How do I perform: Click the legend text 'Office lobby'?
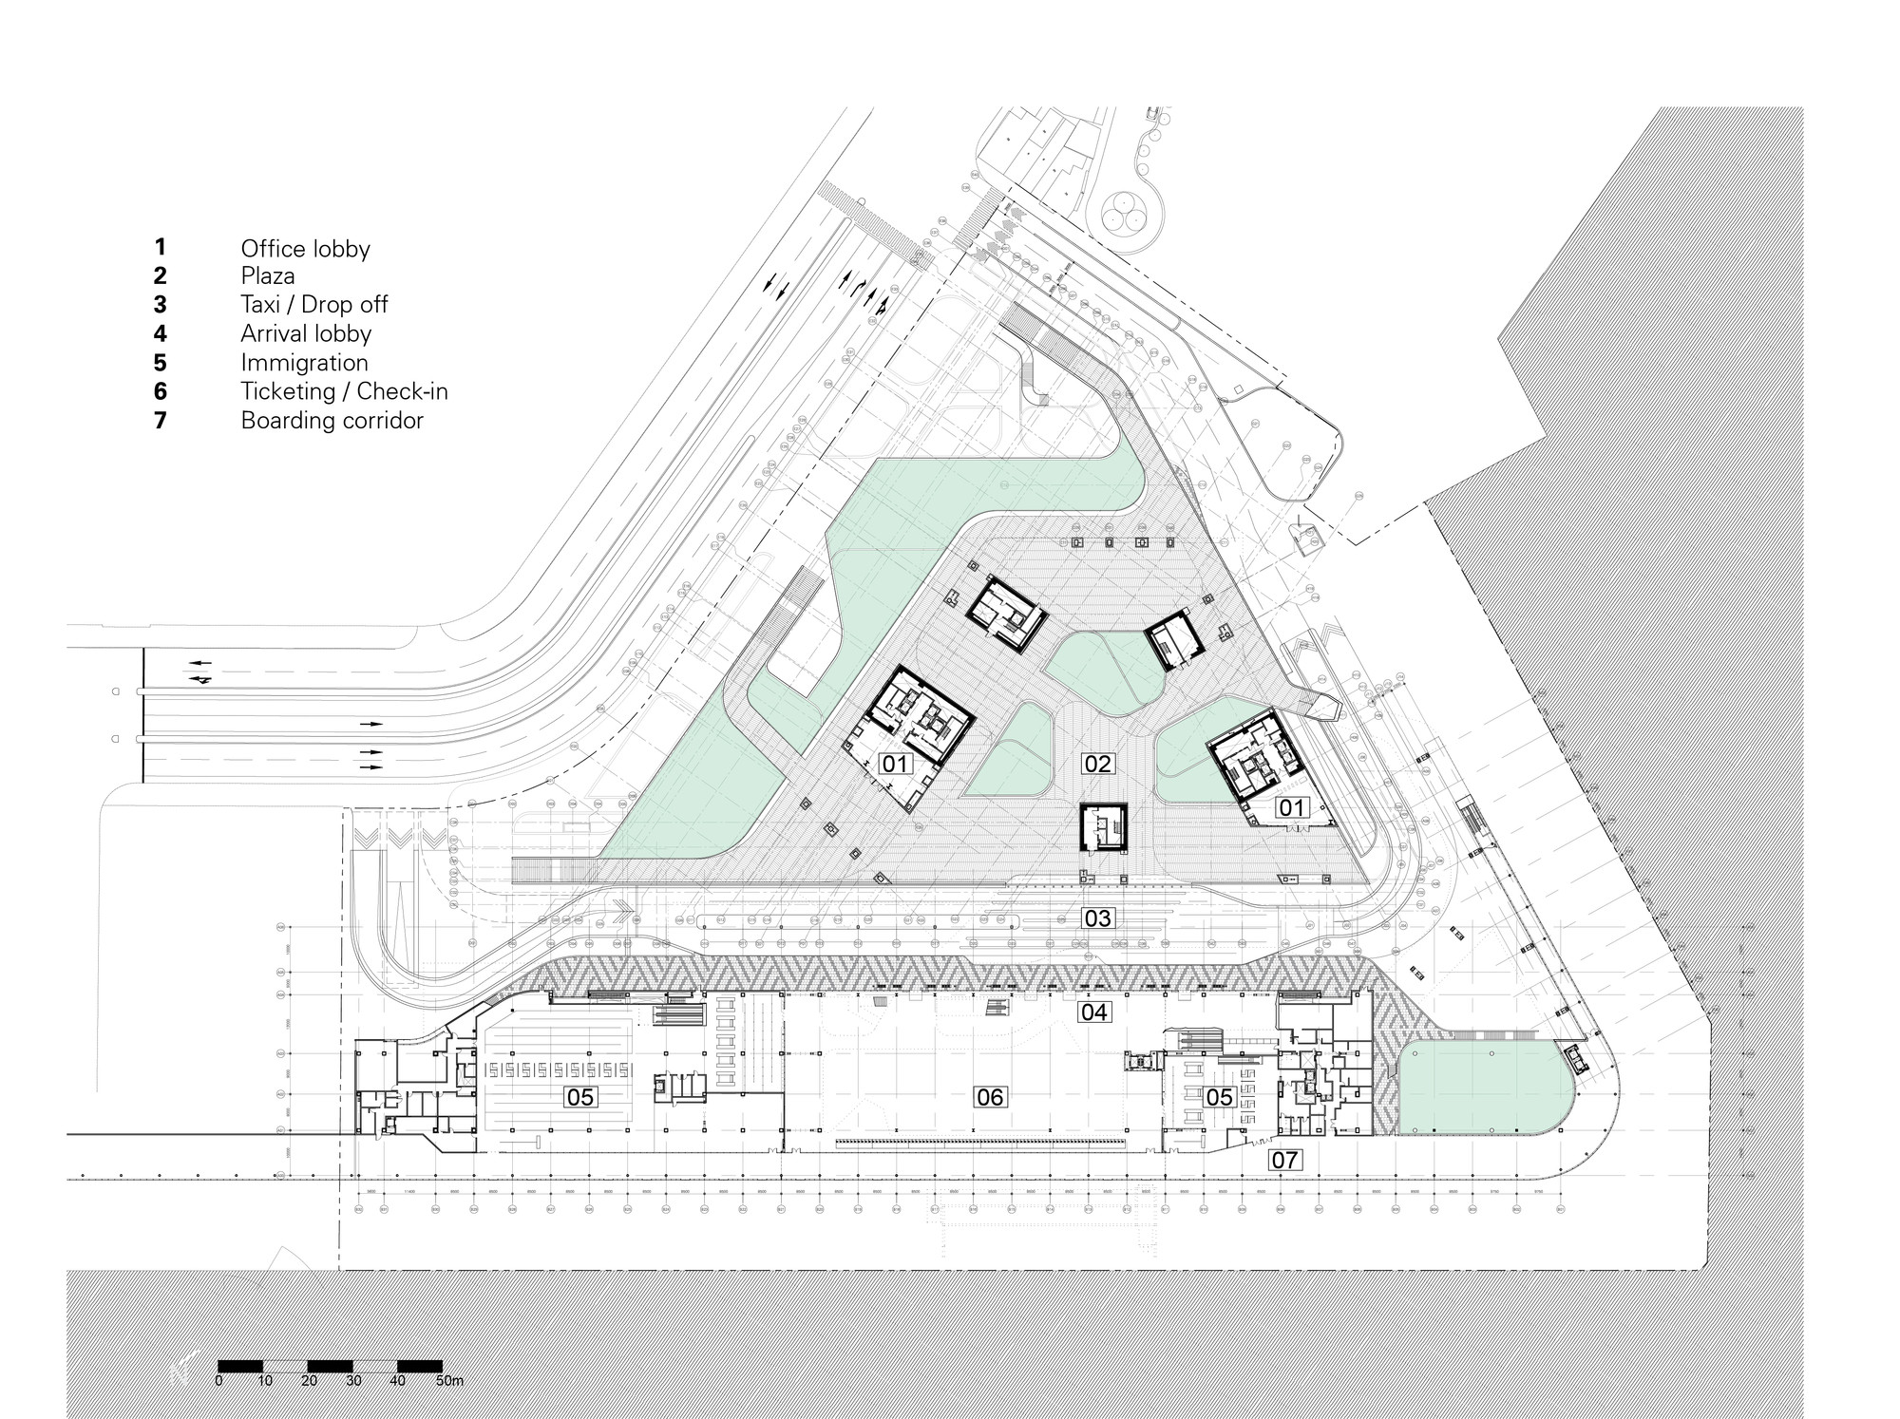pyautogui.click(x=305, y=249)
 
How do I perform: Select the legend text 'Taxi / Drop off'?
pyautogui.click(x=313, y=305)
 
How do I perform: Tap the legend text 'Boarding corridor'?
pyautogui.click(x=332, y=421)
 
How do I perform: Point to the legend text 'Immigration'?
pyautogui.click(x=304, y=363)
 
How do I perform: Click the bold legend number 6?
pyautogui.click(x=161, y=391)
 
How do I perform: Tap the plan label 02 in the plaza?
pyautogui.click(x=1098, y=764)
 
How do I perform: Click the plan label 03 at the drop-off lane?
pyautogui.click(x=1098, y=918)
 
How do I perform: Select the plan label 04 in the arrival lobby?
pyautogui.click(x=1094, y=1012)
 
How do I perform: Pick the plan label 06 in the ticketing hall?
pyautogui.click(x=990, y=1098)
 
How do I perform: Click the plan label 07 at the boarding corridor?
pyautogui.click(x=1284, y=1160)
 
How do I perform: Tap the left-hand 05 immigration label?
pyautogui.click(x=579, y=1098)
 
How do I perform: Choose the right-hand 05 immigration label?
pyautogui.click(x=1219, y=1098)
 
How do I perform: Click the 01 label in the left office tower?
pyautogui.click(x=896, y=764)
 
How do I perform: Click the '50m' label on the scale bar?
pyautogui.click(x=449, y=1381)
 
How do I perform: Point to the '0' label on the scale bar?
pyautogui.click(x=219, y=1381)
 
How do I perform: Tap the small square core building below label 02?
pyautogui.click(x=1103, y=827)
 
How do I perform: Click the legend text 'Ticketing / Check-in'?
pyautogui.click(x=344, y=391)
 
